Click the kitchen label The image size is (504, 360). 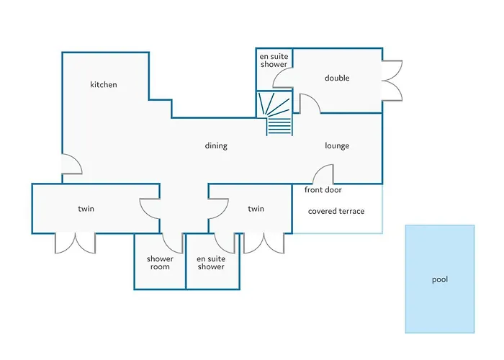(x=104, y=84)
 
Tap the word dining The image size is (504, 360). (x=216, y=146)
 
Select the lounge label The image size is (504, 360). (x=337, y=146)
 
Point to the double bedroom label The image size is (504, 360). (x=337, y=78)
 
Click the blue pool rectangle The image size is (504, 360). (x=440, y=279)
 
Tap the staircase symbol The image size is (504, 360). (x=275, y=113)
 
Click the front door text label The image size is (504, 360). (x=323, y=190)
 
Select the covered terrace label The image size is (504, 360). (x=336, y=211)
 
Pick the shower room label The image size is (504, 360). (x=160, y=263)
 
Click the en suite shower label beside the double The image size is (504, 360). (x=274, y=60)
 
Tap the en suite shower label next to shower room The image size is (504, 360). (x=211, y=263)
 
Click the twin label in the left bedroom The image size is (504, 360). (x=86, y=209)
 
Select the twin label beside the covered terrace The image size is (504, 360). (x=256, y=209)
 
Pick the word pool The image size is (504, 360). (x=440, y=279)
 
